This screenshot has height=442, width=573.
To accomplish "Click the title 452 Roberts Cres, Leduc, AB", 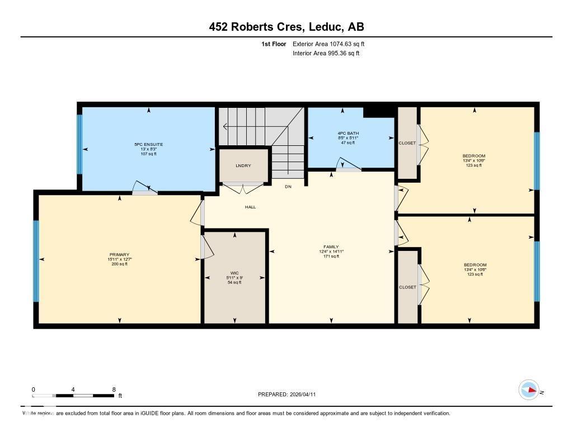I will [x=286, y=27].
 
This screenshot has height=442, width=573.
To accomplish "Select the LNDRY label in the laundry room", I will [x=243, y=165].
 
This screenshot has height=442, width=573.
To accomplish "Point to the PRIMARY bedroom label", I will [x=119, y=254].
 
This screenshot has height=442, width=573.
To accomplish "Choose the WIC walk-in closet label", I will [x=234, y=273].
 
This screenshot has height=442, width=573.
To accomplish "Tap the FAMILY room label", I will [x=331, y=246].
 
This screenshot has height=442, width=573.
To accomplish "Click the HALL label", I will [x=250, y=207].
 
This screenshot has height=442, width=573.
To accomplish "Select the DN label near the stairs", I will [x=288, y=186].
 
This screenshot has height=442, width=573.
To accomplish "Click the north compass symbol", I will [x=529, y=390].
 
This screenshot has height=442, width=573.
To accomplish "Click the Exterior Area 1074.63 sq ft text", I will [x=329, y=44].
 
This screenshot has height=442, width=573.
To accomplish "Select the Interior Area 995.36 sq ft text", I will [x=326, y=54].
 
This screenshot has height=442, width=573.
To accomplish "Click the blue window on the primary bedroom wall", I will [x=36, y=260].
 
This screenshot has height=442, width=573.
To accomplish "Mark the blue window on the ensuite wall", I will [x=79, y=144].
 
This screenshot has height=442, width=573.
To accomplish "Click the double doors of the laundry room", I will [x=242, y=187].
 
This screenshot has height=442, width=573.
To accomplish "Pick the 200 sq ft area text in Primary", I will [x=119, y=264].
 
